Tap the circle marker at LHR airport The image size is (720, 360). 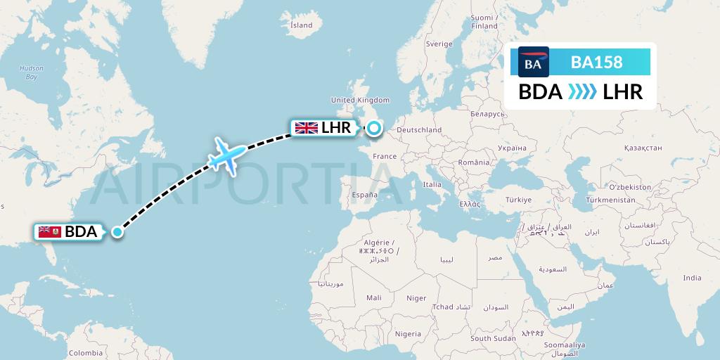(x=373, y=128)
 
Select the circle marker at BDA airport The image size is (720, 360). (x=118, y=231)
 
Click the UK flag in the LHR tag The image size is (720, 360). (x=306, y=128)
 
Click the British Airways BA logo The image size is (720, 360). (x=533, y=62)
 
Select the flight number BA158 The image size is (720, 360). (x=596, y=62)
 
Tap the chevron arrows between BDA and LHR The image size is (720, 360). (x=581, y=92)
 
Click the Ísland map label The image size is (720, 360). (x=301, y=25)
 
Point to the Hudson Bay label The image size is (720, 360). (x=31, y=72)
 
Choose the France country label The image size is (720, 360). (x=385, y=156)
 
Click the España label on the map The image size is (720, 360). (x=365, y=195)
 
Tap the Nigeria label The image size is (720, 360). (x=408, y=333)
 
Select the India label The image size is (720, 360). (x=692, y=278)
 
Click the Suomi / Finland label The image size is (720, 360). (x=484, y=22)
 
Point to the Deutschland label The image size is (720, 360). (x=420, y=129)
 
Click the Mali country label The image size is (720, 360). (x=374, y=297)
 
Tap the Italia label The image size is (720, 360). (x=432, y=184)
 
